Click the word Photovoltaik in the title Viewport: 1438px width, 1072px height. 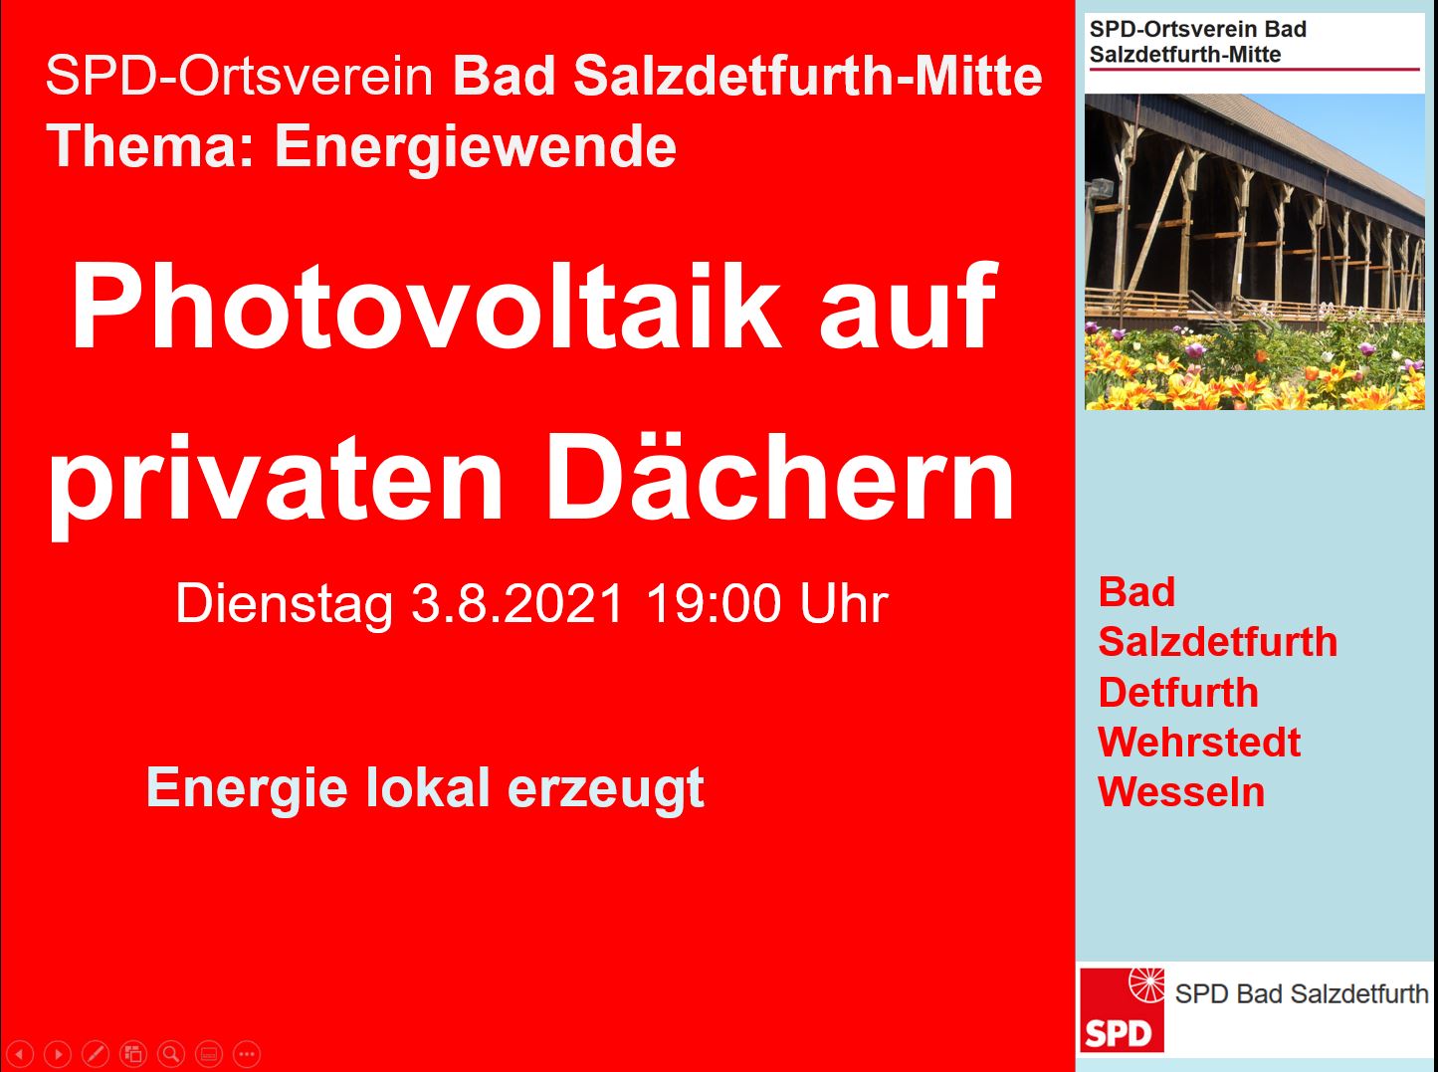click(425, 307)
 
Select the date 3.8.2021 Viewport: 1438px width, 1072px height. click(516, 603)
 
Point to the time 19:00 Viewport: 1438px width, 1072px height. click(714, 603)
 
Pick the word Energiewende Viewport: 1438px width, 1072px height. click(476, 146)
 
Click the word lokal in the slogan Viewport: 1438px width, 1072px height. click(428, 787)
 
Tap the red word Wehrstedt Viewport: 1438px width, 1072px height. click(1199, 742)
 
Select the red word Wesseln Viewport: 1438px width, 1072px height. click(1181, 791)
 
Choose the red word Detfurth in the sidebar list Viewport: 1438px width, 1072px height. click(1178, 692)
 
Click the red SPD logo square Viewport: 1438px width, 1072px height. click(1122, 1009)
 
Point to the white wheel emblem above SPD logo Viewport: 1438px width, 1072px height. click(1146, 984)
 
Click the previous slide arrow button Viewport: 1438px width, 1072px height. click(20, 1054)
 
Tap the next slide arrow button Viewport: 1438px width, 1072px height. click(58, 1054)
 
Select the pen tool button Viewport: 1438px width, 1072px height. click(95, 1054)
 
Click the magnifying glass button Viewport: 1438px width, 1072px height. click(171, 1054)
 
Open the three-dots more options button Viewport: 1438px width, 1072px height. click(247, 1054)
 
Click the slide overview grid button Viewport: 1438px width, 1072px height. click(133, 1054)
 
